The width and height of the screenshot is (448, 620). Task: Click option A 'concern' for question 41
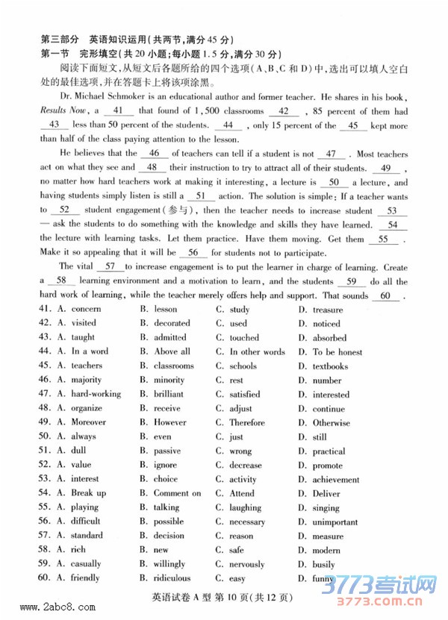[86, 310]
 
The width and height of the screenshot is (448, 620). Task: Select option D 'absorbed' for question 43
[329, 338]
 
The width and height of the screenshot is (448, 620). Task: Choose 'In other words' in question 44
[257, 352]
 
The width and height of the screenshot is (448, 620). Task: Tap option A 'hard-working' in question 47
[96, 394]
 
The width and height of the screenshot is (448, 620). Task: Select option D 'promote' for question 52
[328, 466]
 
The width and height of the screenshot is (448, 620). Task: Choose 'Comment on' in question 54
[177, 493]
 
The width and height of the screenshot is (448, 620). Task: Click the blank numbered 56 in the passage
[192, 253]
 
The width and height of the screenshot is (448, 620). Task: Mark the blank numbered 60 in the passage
[385, 295]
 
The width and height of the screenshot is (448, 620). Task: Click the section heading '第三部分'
[59, 40]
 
